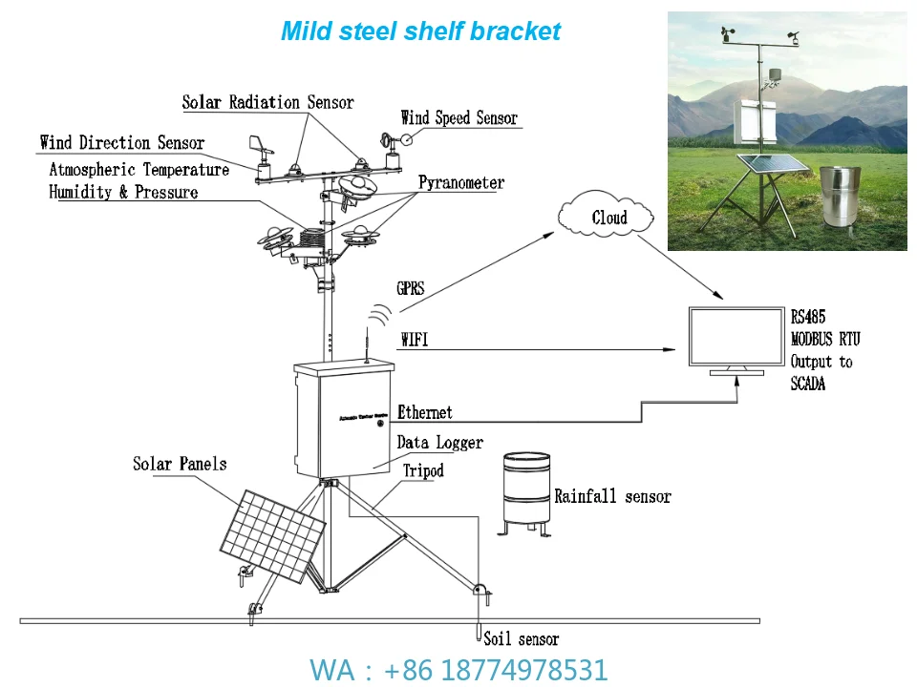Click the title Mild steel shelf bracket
pyautogui.click(x=420, y=31)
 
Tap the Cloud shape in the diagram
pyautogui.click(x=608, y=218)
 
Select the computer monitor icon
pyautogui.click(x=736, y=340)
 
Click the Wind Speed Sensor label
pyautogui.click(x=458, y=118)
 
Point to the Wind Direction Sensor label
pyautogui.click(x=121, y=143)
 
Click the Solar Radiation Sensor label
pyautogui.click(x=267, y=102)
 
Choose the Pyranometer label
pyautogui.click(x=460, y=182)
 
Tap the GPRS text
pyautogui.click(x=410, y=288)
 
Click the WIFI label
pyautogui.click(x=414, y=340)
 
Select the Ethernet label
pyautogui.click(x=425, y=412)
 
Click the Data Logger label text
pyautogui.click(x=439, y=443)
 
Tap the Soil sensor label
pyautogui.click(x=521, y=639)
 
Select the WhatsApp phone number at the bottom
pyautogui.click(x=458, y=670)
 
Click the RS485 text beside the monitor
pyautogui.click(x=807, y=318)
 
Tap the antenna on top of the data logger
pyautogui.click(x=365, y=343)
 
